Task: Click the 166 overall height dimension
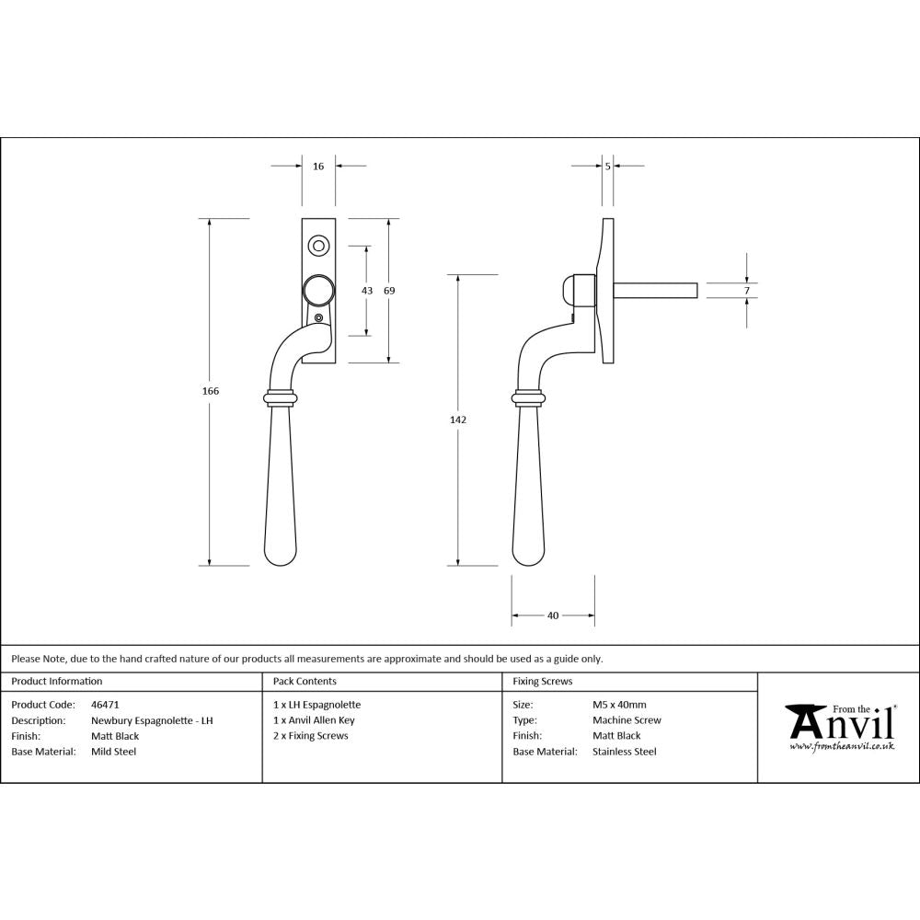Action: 211,391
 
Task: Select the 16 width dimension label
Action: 318,167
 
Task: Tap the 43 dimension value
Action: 367,291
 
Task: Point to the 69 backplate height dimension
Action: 389,291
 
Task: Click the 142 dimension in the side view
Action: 458,420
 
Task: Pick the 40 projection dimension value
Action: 553,615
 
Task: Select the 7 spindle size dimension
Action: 747,291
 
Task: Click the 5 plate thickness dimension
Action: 608,167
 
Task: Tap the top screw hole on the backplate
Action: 318,245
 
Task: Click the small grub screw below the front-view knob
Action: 319,318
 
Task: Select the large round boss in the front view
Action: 318,291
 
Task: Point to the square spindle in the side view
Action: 655,291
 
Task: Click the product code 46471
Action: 105,705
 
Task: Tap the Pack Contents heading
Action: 305,682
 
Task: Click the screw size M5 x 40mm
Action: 619,705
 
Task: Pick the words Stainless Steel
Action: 625,752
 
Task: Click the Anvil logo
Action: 839,726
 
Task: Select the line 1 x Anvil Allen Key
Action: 314,720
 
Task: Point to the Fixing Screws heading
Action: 542,682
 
